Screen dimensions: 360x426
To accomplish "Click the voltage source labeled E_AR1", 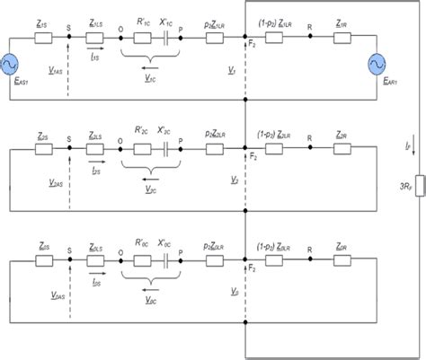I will click(377, 65).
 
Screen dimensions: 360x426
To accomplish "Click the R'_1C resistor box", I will click(141, 38).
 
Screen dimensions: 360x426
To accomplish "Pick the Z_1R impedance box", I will click(341, 38).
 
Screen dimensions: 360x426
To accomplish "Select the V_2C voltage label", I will click(150, 190).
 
